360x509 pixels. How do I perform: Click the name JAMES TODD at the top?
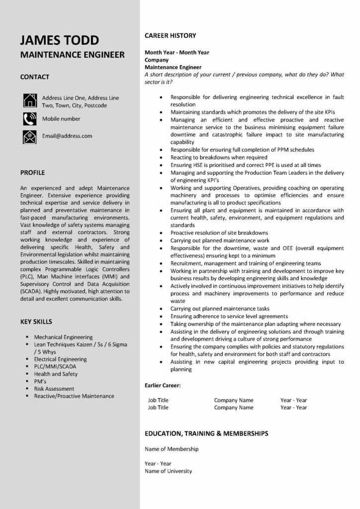tap(60, 40)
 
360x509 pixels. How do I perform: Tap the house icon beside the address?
tap(29, 101)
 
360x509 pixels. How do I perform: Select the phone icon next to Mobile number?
tap(29, 119)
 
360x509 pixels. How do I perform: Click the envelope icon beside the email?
tap(29, 136)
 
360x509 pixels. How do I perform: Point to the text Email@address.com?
tap(67, 136)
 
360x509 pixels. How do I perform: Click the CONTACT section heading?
tap(35, 77)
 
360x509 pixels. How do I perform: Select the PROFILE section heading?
tap(33, 173)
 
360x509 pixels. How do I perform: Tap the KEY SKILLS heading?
tap(36, 322)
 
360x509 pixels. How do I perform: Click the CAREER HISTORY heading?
tap(170, 36)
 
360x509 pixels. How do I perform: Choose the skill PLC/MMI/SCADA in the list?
tap(55, 366)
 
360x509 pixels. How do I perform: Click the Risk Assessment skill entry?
tap(54, 389)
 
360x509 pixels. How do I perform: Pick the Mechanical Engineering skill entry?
tap(63, 337)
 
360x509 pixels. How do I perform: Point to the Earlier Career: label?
tap(163, 385)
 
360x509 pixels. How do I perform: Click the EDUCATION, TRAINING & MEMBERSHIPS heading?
tap(206, 433)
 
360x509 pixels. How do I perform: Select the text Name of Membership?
tap(172, 449)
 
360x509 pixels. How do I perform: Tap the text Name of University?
tap(168, 471)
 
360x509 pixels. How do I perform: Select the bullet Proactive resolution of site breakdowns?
tap(219, 233)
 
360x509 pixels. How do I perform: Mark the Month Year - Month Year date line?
tap(177, 52)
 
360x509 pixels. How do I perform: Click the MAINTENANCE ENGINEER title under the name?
tap(73, 55)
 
